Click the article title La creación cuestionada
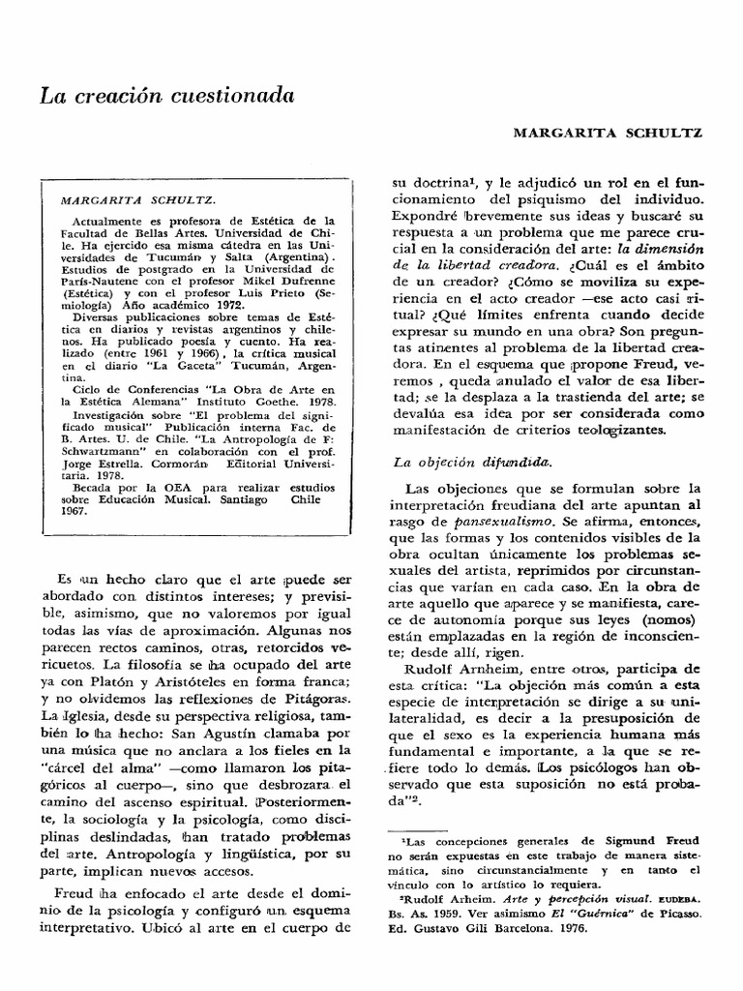pos(164,97)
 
